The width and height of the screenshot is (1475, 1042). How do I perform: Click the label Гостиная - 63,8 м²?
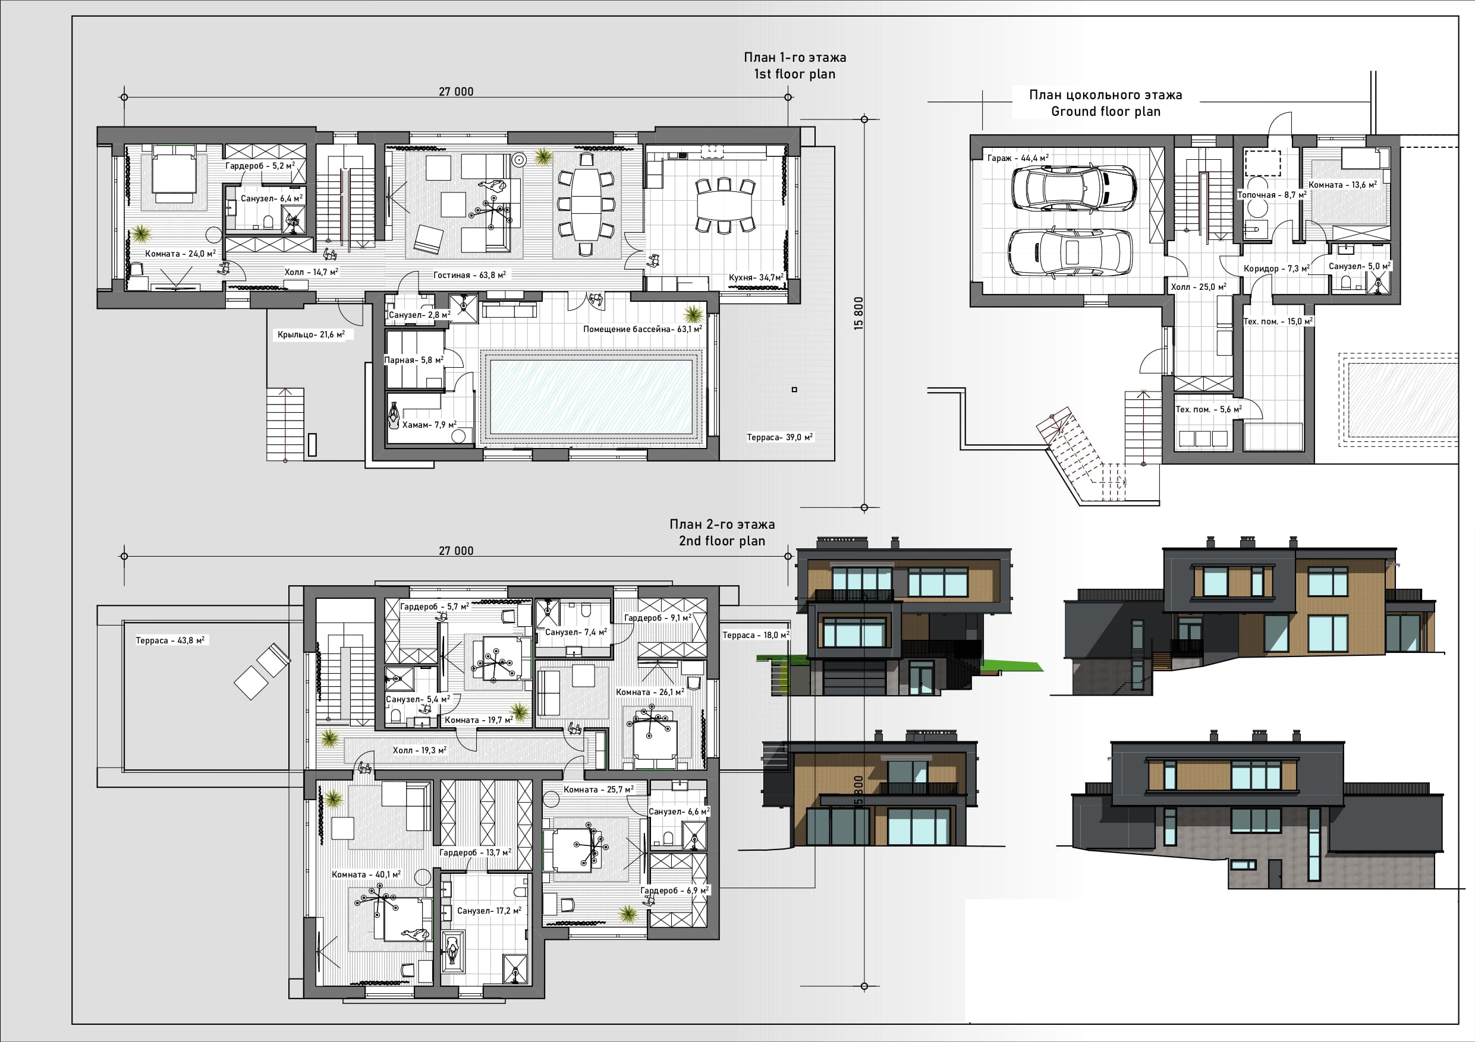click(470, 275)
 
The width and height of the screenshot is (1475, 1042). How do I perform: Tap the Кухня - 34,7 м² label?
click(756, 277)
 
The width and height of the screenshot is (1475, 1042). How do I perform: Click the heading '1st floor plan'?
click(795, 74)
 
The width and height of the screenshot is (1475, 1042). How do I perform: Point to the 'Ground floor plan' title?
click(1106, 111)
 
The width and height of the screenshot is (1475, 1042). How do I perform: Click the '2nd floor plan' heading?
click(722, 541)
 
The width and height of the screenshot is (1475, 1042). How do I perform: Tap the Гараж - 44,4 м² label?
click(1018, 157)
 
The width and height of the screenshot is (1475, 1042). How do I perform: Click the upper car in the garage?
click(1074, 188)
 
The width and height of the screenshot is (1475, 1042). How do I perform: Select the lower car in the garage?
click(1070, 252)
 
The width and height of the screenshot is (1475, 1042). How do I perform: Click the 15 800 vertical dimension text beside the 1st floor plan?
click(859, 313)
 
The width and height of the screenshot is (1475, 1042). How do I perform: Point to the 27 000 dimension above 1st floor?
click(456, 92)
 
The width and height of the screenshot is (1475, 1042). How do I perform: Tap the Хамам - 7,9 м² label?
click(429, 424)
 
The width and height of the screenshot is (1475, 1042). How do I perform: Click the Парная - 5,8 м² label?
click(414, 360)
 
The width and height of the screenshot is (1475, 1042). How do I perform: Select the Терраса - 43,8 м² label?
click(170, 640)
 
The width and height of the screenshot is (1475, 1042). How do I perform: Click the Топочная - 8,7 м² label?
click(1272, 194)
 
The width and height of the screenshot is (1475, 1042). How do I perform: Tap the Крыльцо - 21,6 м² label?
click(312, 334)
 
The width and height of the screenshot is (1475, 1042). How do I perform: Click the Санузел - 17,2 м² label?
click(489, 910)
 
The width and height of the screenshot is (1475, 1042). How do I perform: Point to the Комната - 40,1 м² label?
click(366, 874)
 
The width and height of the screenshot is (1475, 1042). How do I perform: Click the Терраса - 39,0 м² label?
click(780, 437)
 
